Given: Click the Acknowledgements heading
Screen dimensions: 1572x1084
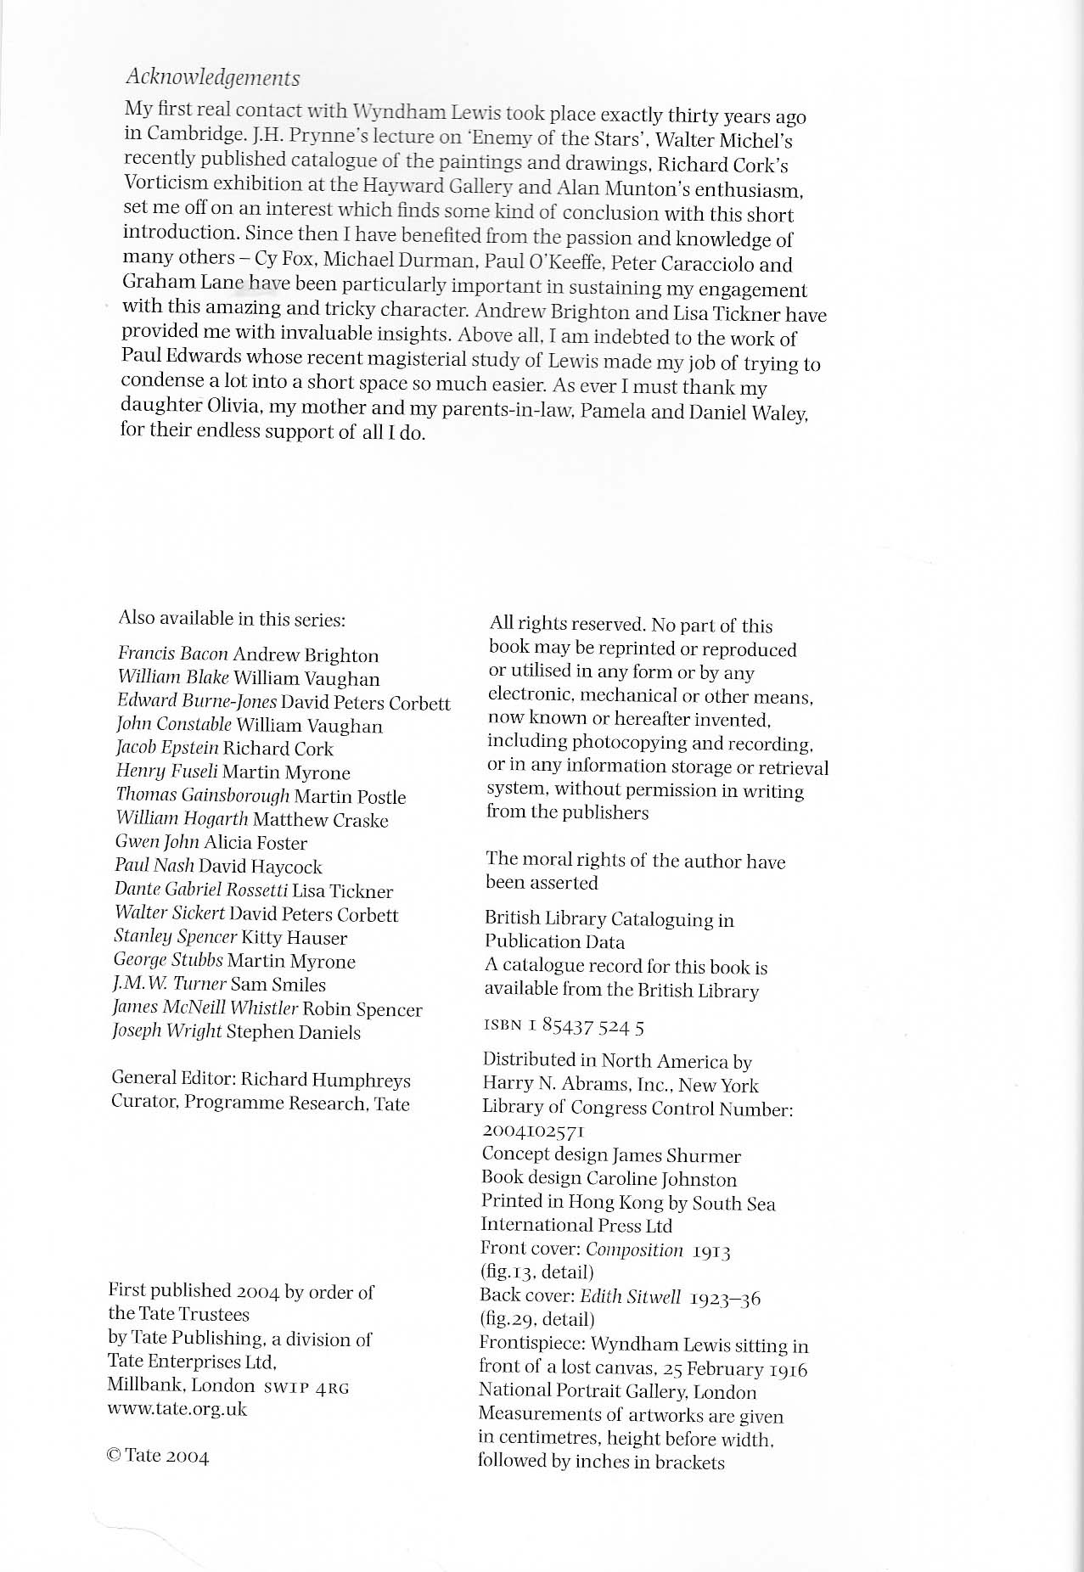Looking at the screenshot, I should (x=212, y=78).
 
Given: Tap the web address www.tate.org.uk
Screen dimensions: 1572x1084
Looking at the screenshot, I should (x=177, y=1409).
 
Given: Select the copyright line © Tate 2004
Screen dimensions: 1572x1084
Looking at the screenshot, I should (x=158, y=1457).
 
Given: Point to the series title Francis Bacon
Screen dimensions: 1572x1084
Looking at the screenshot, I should (x=173, y=654).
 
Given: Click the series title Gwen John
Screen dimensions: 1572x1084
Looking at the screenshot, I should (x=157, y=843).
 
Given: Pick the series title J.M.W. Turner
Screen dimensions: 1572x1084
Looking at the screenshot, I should (x=170, y=985).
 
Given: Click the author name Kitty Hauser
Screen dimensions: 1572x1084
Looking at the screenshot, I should (x=295, y=938).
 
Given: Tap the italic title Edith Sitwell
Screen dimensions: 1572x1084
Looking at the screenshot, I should (x=631, y=1297).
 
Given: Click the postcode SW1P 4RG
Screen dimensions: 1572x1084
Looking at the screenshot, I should (x=306, y=1387).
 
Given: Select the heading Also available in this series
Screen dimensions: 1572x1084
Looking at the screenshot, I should (x=232, y=619).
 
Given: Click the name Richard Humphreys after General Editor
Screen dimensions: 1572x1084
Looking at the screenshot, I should (x=326, y=1080).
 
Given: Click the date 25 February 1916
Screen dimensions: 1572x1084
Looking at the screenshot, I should (x=736, y=1369).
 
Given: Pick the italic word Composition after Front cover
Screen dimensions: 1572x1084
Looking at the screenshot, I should (x=634, y=1249).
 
